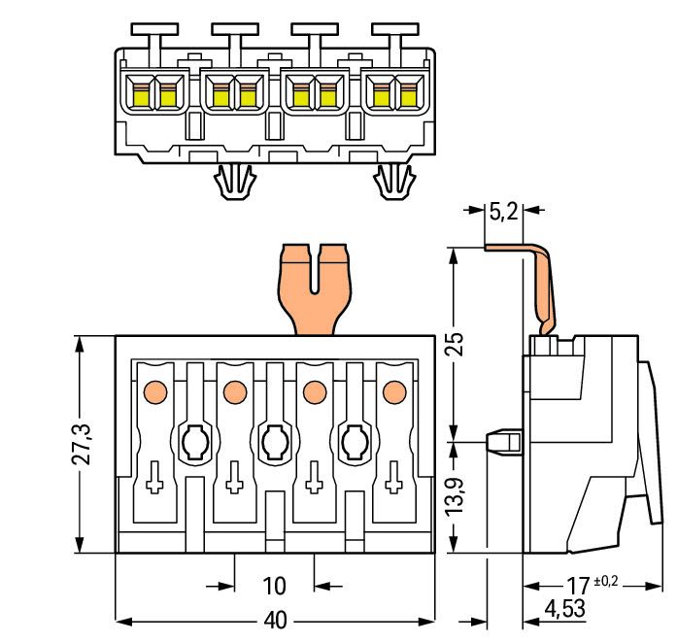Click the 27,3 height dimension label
[x=82, y=444]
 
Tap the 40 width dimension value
[x=275, y=621]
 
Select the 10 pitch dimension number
[x=274, y=586]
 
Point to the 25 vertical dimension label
[x=456, y=344]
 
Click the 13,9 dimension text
[x=456, y=496]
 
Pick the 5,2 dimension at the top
[x=503, y=212]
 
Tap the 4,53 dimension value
[x=564, y=609]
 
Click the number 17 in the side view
[x=578, y=586]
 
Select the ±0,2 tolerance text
[x=606, y=581]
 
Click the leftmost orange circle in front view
[x=155, y=392]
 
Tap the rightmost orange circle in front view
[x=394, y=392]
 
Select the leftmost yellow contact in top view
[x=140, y=96]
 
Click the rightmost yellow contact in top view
[x=409, y=96]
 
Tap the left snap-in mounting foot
[x=235, y=182]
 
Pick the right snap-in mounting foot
[x=394, y=182]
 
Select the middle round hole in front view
[x=275, y=443]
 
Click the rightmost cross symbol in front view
[x=393, y=477]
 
